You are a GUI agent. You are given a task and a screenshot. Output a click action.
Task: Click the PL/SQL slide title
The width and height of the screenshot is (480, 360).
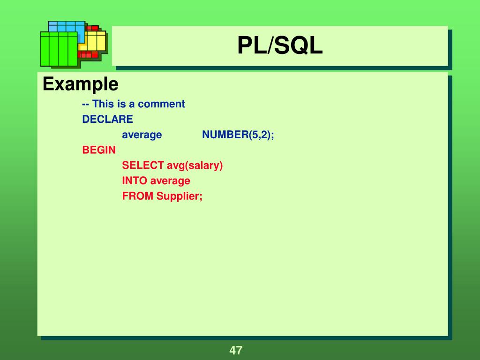280,46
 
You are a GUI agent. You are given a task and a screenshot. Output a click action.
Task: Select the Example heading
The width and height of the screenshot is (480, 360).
80,84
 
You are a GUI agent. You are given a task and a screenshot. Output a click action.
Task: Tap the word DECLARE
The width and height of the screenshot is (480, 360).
107,120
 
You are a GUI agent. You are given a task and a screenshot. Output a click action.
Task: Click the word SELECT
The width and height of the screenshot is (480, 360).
142,165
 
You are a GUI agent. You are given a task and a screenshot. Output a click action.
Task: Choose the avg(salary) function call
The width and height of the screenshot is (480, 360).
195,165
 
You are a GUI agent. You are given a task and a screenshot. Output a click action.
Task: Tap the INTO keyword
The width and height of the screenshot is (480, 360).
135,181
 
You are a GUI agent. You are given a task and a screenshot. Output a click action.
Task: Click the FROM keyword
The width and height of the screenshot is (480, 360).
138,196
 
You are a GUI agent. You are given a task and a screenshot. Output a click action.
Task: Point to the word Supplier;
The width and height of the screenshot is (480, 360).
180,196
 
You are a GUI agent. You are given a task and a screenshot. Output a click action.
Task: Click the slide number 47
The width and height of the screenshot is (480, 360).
236,350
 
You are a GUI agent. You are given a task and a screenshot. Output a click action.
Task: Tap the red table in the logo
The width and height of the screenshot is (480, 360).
89,54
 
